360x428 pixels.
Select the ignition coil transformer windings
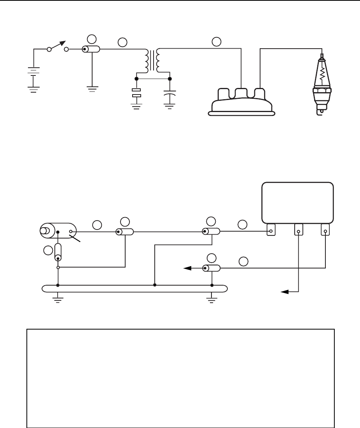tap(152, 60)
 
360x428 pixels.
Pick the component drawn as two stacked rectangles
tap(136, 93)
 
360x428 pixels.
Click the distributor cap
tap(242, 103)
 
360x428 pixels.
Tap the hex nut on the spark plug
tap(322, 93)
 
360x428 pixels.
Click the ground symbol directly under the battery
tap(34, 88)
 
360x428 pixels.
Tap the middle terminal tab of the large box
tap(299, 230)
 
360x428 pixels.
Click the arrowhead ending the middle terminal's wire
tap(285, 291)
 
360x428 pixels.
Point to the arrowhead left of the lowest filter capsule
tap(188, 268)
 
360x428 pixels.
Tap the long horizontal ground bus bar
tap(134, 288)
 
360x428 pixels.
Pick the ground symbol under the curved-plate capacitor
tap(170, 105)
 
